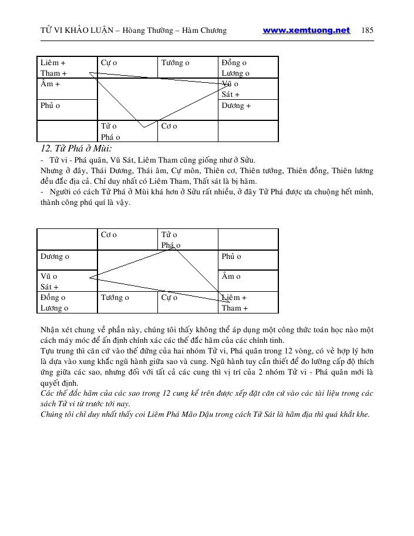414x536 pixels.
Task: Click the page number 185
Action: click(368, 31)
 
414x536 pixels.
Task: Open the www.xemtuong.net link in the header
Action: click(306, 31)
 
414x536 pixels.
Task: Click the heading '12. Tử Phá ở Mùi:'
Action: click(75, 149)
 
